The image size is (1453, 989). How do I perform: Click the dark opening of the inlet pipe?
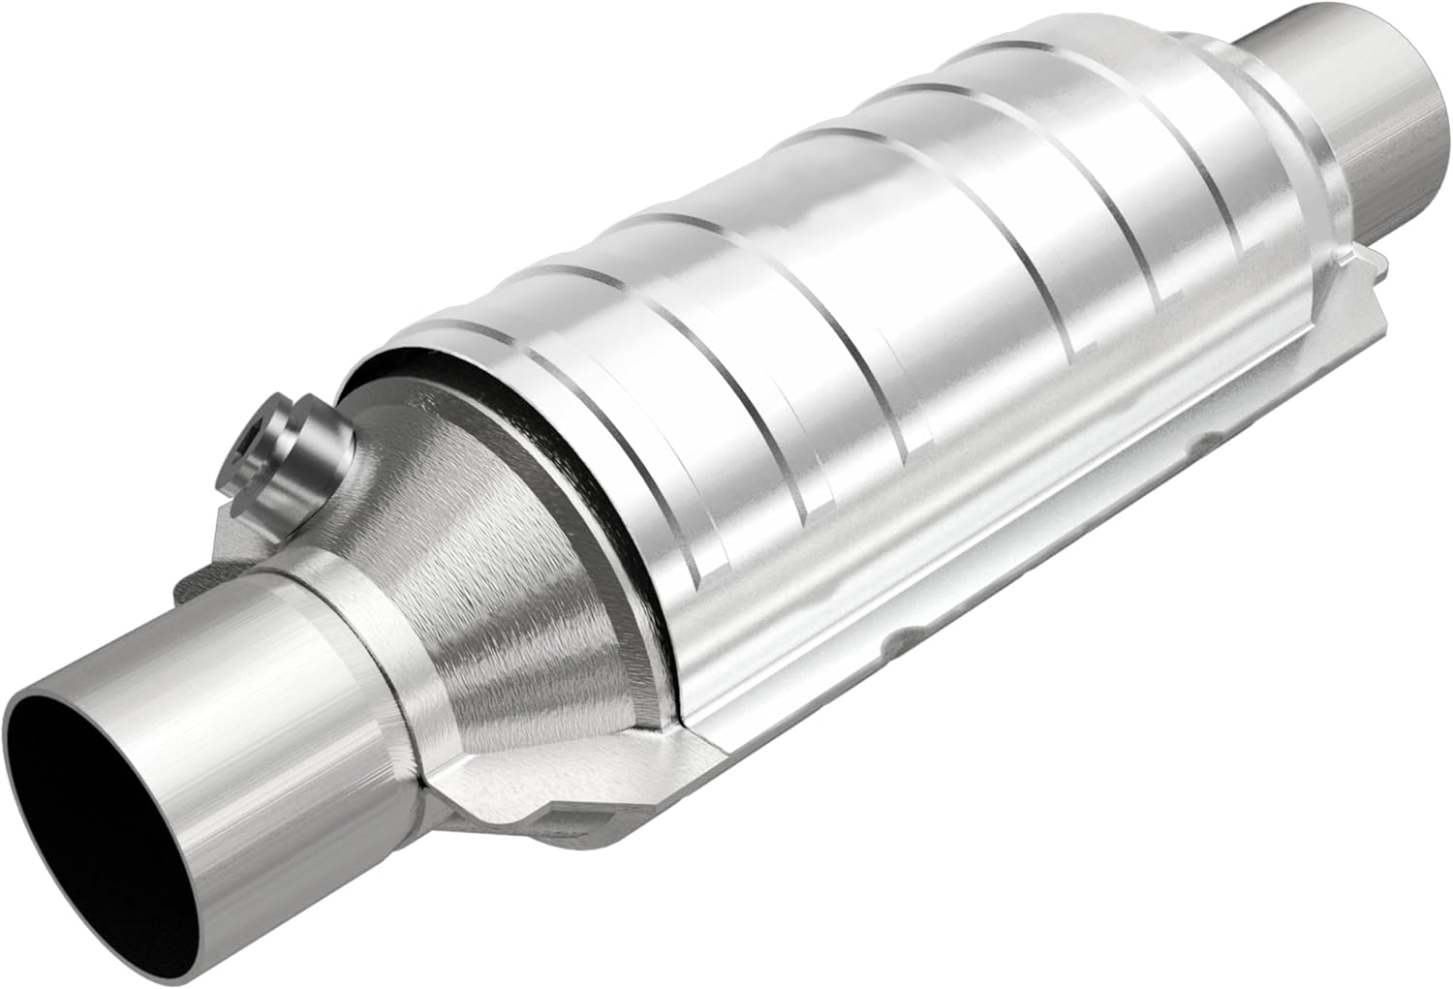pos(92,794)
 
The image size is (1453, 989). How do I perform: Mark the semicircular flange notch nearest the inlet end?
pos(906,634)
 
